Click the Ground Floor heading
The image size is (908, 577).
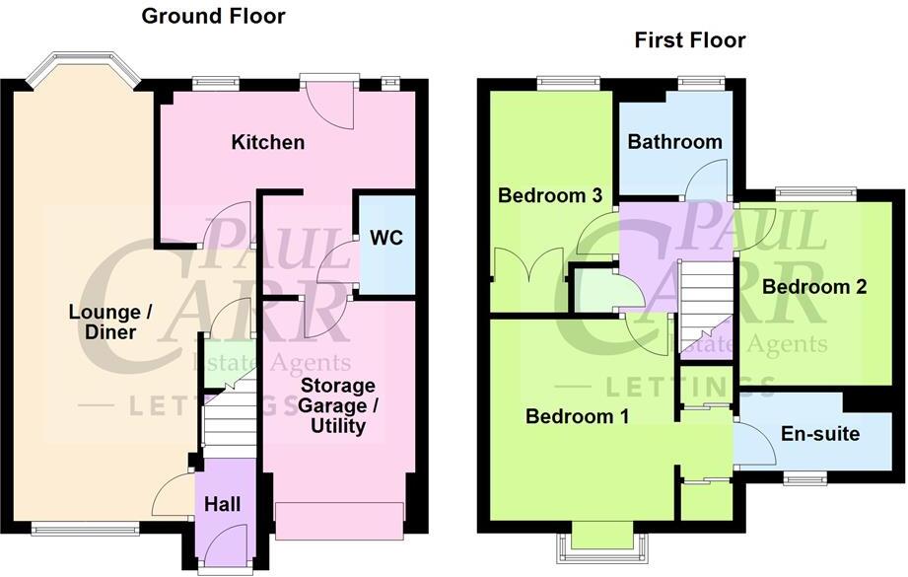coord(213,16)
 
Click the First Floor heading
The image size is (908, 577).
coord(689,40)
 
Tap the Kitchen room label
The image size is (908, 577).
coord(267,142)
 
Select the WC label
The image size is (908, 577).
coord(385,238)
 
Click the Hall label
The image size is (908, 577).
coord(222,504)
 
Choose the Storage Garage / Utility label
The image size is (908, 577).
coord(337,405)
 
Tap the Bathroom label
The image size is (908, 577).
coord(674,142)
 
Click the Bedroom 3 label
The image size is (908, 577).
coord(549,195)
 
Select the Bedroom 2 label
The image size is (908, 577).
coord(813,287)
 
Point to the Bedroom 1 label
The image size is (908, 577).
coord(577,416)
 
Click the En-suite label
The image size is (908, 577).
coord(819,434)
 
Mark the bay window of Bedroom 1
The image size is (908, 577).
coord(601,543)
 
